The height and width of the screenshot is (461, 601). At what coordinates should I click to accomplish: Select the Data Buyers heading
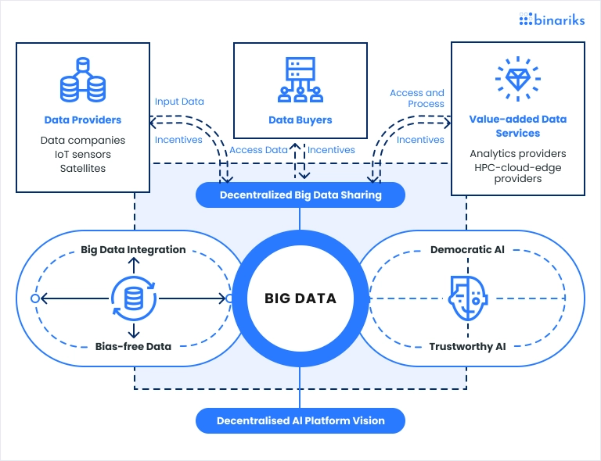[x=300, y=120]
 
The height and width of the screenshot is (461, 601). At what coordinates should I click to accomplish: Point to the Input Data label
[x=179, y=102]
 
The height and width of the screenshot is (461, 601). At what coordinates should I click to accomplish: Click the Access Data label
[x=258, y=150]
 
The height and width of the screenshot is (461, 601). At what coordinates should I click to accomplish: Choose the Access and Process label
[x=417, y=98]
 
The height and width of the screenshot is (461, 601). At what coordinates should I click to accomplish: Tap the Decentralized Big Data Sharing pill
[x=300, y=195]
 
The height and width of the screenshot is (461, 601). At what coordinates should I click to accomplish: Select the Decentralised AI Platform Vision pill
[x=300, y=420]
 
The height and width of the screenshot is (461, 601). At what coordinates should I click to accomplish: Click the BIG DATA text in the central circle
[x=300, y=298]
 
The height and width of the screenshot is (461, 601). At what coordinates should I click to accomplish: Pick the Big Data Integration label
[x=133, y=250]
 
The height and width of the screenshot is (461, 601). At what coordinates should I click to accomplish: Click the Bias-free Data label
[x=133, y=345]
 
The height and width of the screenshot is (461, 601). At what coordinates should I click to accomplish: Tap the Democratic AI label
[x=468, y=250]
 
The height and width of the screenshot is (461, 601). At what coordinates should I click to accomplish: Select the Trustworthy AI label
[x=468, y=345]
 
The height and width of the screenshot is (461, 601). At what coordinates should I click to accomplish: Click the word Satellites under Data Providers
[x=83, y=168]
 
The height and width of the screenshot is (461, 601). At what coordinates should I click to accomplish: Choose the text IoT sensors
[x=83, y=155]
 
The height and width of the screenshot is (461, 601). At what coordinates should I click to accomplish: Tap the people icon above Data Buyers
[x=300, y=80]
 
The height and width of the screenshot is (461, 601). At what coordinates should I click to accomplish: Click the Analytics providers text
[x=517, y=154]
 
